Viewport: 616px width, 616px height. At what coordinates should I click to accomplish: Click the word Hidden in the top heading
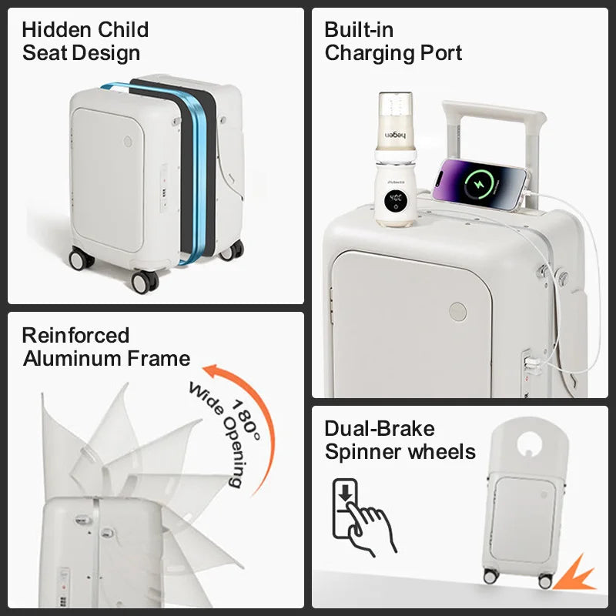pyautogui.click(x=56, y=29)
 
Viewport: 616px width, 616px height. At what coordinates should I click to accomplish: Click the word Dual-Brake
pyautogui.click(x=380, y=428)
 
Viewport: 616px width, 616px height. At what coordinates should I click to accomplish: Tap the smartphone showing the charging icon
pyautogui.click(x=480, y=184)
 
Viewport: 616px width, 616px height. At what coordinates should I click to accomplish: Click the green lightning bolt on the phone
pyautogui.click(x=480, y=184)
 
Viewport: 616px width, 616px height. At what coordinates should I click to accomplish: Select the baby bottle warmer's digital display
pyautogui.click(x=395, y=201)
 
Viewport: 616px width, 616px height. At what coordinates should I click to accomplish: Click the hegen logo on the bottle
pyautogui.click(x=395, y=136)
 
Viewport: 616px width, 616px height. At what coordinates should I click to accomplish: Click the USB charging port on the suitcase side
pyautogui.click(x=531, y=363)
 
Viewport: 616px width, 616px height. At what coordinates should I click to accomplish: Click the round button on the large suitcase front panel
pyautogui.click(x=457, y=312)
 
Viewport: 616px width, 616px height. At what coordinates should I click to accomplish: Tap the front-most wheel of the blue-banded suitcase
pyautogui.click(x=145, y=282)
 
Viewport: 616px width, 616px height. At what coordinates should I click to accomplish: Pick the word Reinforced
pyautogui.click(x=75, y=335)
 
